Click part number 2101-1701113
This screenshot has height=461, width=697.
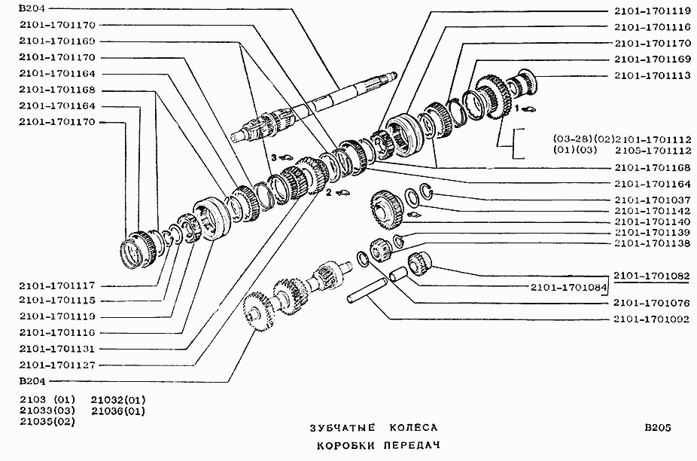(x=652, y=75)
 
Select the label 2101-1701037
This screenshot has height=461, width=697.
(x=652, y=199)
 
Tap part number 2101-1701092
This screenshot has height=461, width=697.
(x=652, y=319)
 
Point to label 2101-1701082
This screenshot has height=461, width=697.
(x=652, y=276)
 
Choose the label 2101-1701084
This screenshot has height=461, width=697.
(x=569, y=287)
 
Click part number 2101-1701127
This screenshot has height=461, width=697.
(x=57, y=365)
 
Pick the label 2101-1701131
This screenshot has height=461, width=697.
(x=57, y=348)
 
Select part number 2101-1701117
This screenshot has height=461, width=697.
(x=57, y=286)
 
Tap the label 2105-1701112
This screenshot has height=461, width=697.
(x=652, y=149)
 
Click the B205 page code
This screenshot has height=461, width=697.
(x=657, y=428)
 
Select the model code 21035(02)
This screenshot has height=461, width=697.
(x=47, y=422)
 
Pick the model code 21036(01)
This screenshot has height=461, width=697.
(x=118, y=411)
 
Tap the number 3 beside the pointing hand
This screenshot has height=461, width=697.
(x=275, y=157)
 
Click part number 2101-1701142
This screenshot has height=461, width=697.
(x=652, y=211)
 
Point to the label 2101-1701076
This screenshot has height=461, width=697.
(x=652, y=303)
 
